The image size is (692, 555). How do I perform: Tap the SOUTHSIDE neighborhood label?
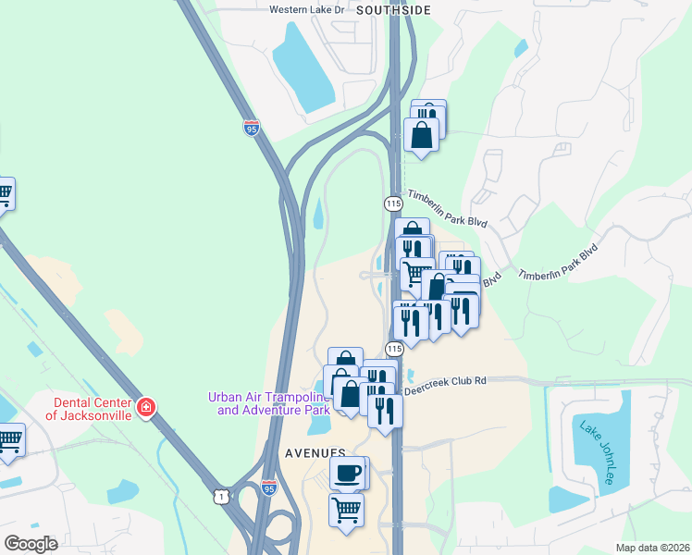(x=393, y=10)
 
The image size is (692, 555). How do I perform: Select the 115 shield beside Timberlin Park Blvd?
(x=392, y=203)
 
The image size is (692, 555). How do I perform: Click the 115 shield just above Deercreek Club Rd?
(x=395, y=349)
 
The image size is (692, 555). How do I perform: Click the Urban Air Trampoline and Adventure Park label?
(x=268, y=403)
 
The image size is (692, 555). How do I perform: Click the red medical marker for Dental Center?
(x=145, y=407)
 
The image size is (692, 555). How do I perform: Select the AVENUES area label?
(x=315, y=454)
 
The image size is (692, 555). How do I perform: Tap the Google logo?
(x=31, y=544)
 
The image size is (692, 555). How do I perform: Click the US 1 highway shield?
(x=220, y=497)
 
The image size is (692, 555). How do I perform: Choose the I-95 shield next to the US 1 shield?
(x=268, y=487)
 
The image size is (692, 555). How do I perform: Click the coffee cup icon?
(x=348, y=473)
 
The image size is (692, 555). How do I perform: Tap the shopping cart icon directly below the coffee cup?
(x=346, y=509)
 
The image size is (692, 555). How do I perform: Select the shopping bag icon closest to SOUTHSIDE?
(x=421, y=134)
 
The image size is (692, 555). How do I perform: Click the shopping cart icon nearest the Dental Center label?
(x=9, y=440)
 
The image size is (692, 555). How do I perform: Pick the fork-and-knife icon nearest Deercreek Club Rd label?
(x=385, y=410)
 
